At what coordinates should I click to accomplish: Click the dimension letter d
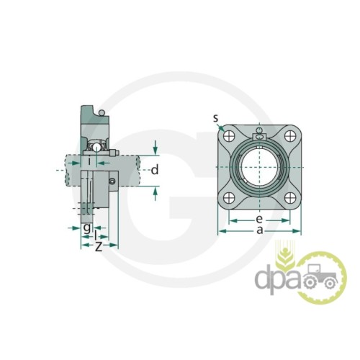[x=155, y=170]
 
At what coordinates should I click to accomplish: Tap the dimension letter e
[x=259, y=219]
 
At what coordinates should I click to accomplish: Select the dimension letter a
[x=260, y=230]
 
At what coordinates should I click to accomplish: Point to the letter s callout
[x=216, y=118]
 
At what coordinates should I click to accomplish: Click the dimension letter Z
[x=99, y=246]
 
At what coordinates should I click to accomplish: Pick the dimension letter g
[x=87, y=228]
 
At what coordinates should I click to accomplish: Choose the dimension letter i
[x=89, y=161]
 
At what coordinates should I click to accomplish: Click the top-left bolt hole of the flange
[x=229, y=136]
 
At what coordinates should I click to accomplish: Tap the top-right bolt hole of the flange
[x=290, y=136]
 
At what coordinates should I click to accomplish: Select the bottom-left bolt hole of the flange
[x=229, y=198]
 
